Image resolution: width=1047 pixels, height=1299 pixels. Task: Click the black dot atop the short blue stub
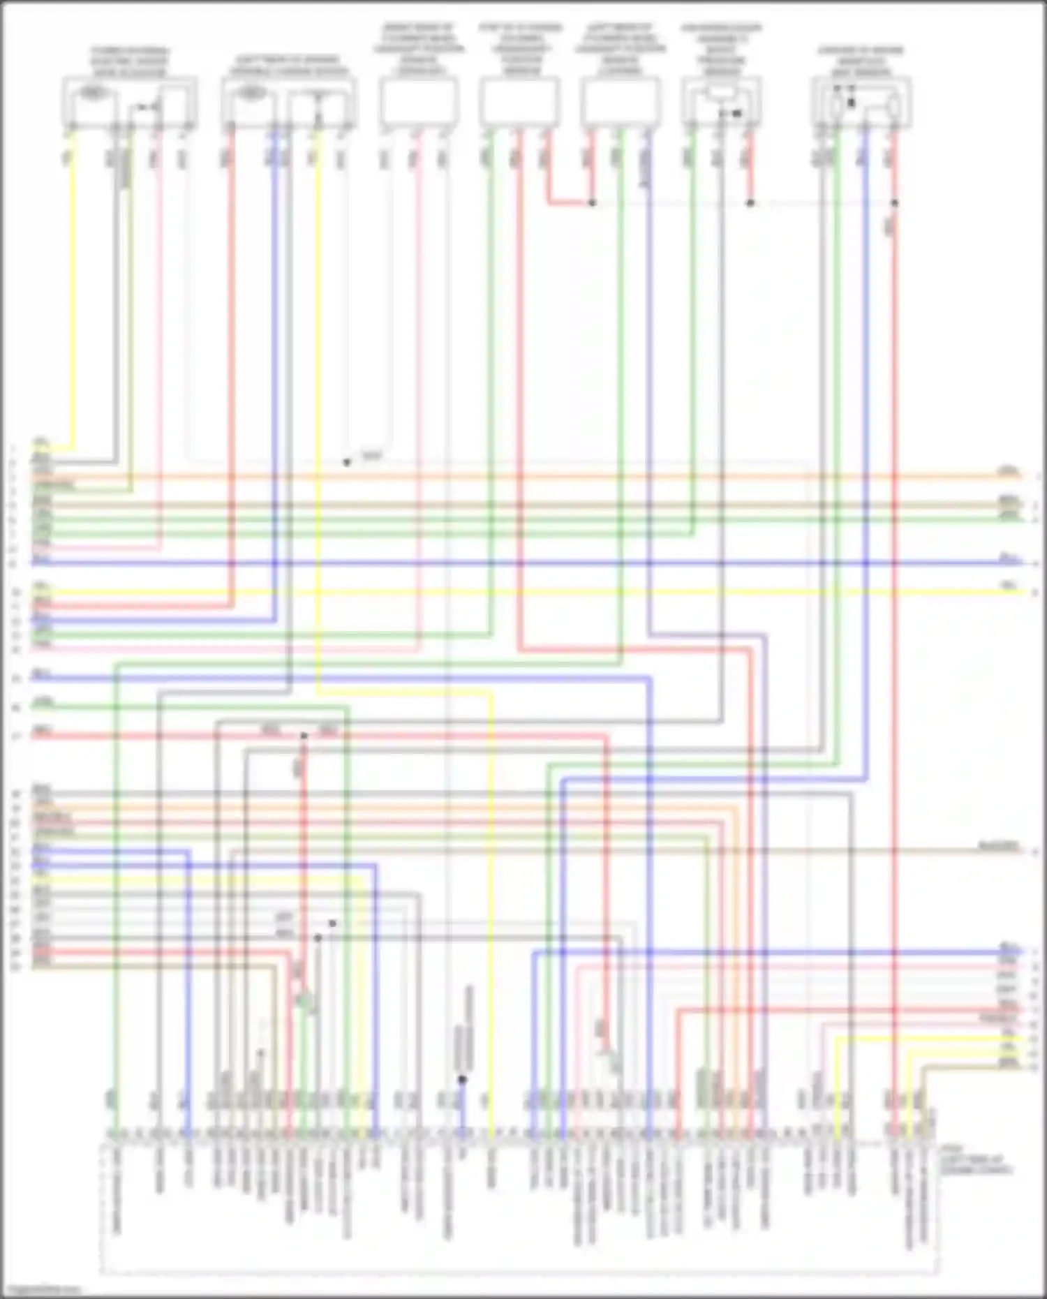461,1080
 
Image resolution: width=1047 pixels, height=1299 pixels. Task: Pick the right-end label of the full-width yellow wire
1009,586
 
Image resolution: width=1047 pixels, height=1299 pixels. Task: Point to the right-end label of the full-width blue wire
1008,557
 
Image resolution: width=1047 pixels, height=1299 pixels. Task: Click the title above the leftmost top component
130,62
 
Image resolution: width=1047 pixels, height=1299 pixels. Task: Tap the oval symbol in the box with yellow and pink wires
92,92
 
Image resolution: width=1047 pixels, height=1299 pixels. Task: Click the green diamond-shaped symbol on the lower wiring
302,1001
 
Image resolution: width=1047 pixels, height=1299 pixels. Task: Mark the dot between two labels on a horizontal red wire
304,736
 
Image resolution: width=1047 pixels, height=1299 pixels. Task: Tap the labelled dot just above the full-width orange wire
347,462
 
